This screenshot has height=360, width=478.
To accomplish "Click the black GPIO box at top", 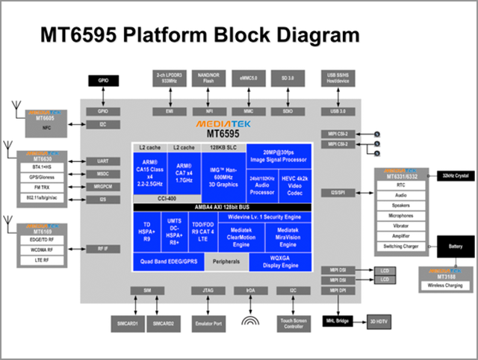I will pos(103,81).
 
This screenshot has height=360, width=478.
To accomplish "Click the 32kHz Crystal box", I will pos(454,176).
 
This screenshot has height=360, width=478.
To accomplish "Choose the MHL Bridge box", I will pos(338,320).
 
